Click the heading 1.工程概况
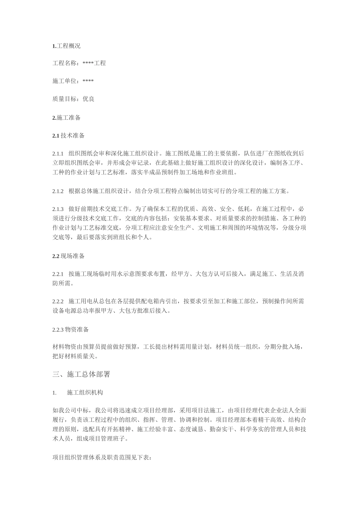tap(66, 46)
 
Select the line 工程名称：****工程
tap(79, 63)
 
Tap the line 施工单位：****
tap(73, 81)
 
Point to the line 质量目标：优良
tap(73, 99)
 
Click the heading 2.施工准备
tap(66, 118)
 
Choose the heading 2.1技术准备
tap(68, 136)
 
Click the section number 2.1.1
tap(58, 154)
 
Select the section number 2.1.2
tap(58, 191)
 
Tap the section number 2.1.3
tap(58, 209)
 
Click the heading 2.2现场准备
tap(68, 256)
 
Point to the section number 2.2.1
tap(58, 274)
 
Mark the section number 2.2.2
tap(58, 301)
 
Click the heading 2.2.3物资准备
tap(70, 329)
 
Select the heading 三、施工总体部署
tap(81, 374)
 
